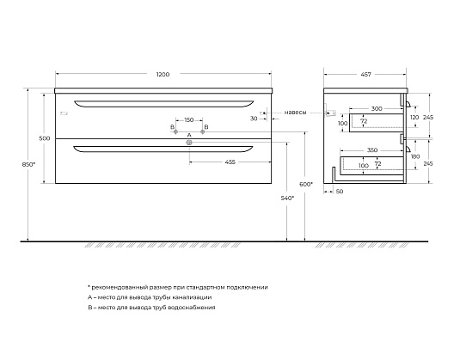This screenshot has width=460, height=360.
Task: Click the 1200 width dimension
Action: tap(163, 75)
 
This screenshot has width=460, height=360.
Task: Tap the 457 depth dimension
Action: tap(365, 75)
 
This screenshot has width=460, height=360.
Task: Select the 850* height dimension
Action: tap(28, 165)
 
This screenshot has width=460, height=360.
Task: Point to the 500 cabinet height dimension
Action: tap(45, 138)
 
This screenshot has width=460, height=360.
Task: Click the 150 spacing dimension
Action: tap(189, 120)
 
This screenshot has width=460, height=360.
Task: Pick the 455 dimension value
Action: tap(230, 162)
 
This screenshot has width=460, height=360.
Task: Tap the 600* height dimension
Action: tap(306, 185)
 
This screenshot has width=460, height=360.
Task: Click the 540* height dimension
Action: tap(287, 198)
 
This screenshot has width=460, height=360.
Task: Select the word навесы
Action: tap(296, 113)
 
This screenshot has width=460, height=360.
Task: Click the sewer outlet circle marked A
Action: tap(189, 143)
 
